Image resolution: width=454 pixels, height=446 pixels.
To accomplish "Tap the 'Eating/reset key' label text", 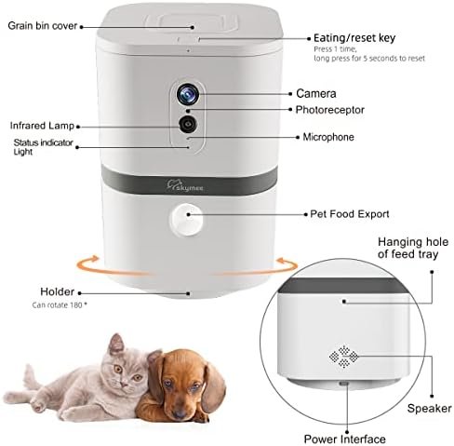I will coord(354,38).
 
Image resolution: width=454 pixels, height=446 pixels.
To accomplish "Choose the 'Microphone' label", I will coord(327,137).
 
